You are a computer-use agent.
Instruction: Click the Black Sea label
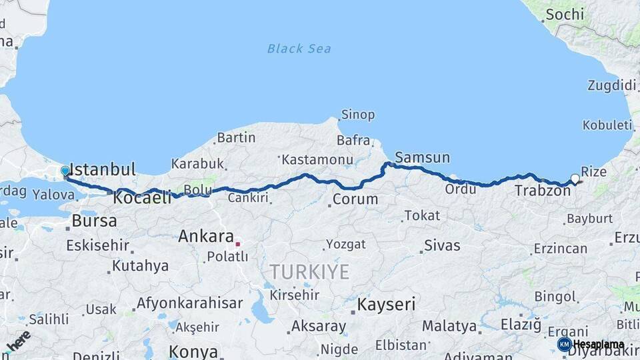click(x=299, y=48)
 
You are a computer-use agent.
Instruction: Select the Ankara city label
click(x=205, y=236)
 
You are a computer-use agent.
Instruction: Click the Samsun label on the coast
click(x=422, y=158)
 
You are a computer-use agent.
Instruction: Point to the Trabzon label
click(x=542, y=191)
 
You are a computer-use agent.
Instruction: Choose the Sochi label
click(x=565, y=14)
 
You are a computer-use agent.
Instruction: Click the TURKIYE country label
click(x=309, y=271)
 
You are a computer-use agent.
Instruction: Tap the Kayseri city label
click(x=386, y=305)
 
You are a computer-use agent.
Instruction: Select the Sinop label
click(x=357, y=115)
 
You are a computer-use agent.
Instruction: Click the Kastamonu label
click(x=317, y=160)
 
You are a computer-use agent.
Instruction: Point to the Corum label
click(x=355, y=199)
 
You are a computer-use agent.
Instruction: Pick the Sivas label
click(x=441, y=245)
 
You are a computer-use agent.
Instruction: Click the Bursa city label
click(x=94, y=221)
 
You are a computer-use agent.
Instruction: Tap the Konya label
click(x=193, y=351)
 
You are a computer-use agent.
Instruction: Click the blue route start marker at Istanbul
click(x=65, y=171)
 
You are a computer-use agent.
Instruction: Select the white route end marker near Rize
click(x=575, y=178)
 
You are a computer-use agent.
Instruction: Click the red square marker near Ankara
click(x=237, y=244)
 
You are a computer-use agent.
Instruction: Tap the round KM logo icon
click(x=564, y=344)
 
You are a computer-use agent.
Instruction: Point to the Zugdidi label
click(x=611, y=85)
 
